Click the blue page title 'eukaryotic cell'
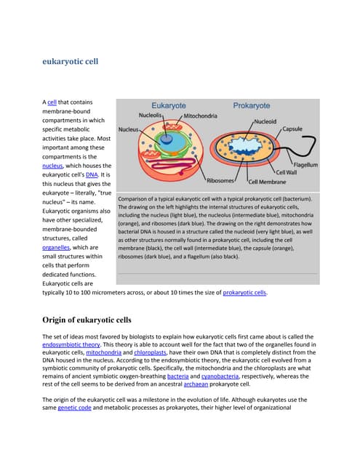point(68,62)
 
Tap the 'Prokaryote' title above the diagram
point(251,105)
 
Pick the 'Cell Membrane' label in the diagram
point(269,182)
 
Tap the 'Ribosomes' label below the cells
point(220,181)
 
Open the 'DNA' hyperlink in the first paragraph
point(92,175)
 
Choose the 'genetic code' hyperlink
point(78,409)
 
